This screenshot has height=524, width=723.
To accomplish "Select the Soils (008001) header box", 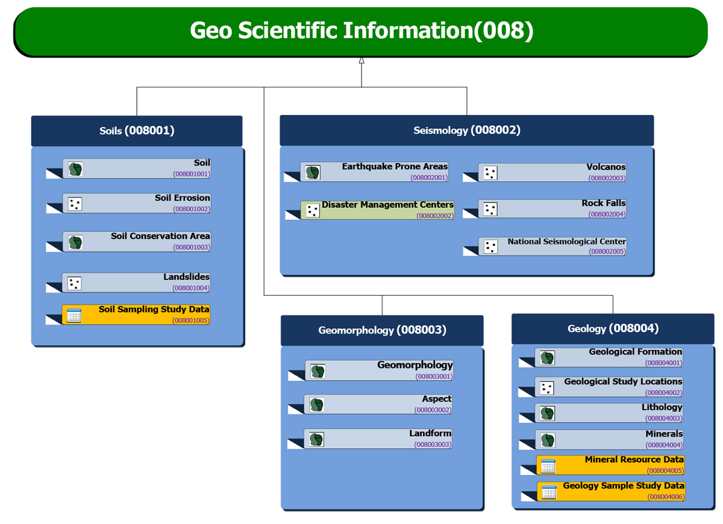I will coord(137,131).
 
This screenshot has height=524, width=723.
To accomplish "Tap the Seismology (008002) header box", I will coord(466,130).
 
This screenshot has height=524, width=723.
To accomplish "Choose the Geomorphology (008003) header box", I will coord(382,330).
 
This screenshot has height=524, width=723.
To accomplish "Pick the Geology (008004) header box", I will coord(613,329).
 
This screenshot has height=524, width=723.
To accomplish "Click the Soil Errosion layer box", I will coord(137,203).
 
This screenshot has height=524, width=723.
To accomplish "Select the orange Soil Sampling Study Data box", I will coord(137,314).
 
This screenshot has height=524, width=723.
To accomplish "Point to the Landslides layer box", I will coord(137,282).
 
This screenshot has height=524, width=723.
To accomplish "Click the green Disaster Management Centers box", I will coord(378,210).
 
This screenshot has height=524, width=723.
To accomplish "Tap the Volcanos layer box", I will coord(552,173).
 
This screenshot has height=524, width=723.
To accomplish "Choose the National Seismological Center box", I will coord(552,246).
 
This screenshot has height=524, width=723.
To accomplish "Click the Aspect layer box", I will coord(378,404).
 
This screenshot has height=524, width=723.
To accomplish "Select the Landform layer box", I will coord(378,438).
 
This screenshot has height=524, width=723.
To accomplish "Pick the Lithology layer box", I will coord(609,413).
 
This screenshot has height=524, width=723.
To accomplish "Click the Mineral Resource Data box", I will coord(610,465).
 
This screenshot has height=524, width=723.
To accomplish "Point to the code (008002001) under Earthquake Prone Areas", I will coord(429,178).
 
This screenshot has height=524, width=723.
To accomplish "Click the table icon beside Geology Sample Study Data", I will coord(549,492).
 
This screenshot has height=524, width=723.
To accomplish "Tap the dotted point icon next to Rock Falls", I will coord(490,210).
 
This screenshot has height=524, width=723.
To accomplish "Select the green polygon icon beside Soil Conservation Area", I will coord(75,242).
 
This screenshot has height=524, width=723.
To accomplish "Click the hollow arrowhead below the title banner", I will coord(361,60).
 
